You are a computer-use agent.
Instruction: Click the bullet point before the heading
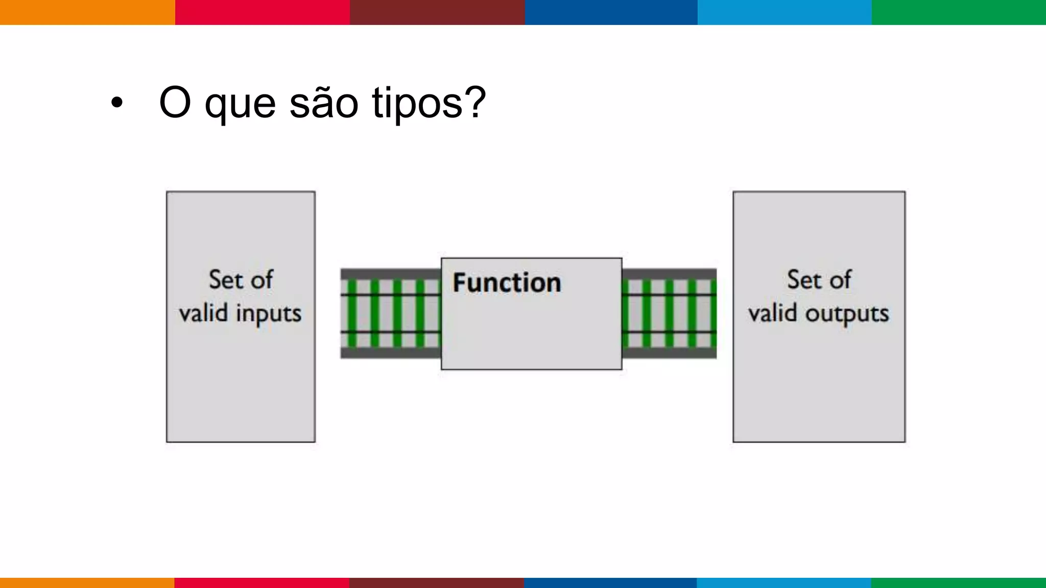coord(117,103)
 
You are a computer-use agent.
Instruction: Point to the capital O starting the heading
coord(175,103)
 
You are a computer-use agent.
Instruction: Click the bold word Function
coord(507,283)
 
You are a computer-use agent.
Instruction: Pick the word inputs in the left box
coord(269,314)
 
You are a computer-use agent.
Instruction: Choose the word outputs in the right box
coord(847,314)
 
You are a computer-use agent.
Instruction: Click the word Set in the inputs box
coord(225,280)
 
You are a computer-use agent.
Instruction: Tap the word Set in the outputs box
coord(803,280)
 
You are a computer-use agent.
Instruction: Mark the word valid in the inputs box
coord(203,313)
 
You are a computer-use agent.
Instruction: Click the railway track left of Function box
coord(391,313)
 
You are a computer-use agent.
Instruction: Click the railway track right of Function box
coord(669,313)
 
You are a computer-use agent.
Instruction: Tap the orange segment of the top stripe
coord(87,12)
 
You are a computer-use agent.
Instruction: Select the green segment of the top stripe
coord(959,12)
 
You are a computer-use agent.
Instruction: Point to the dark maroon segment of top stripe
coord(437,12)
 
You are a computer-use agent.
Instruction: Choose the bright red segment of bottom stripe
coord(262,582)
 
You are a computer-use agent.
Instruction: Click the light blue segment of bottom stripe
coord(784,582)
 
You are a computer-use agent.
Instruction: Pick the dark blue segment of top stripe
coord(611,12)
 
